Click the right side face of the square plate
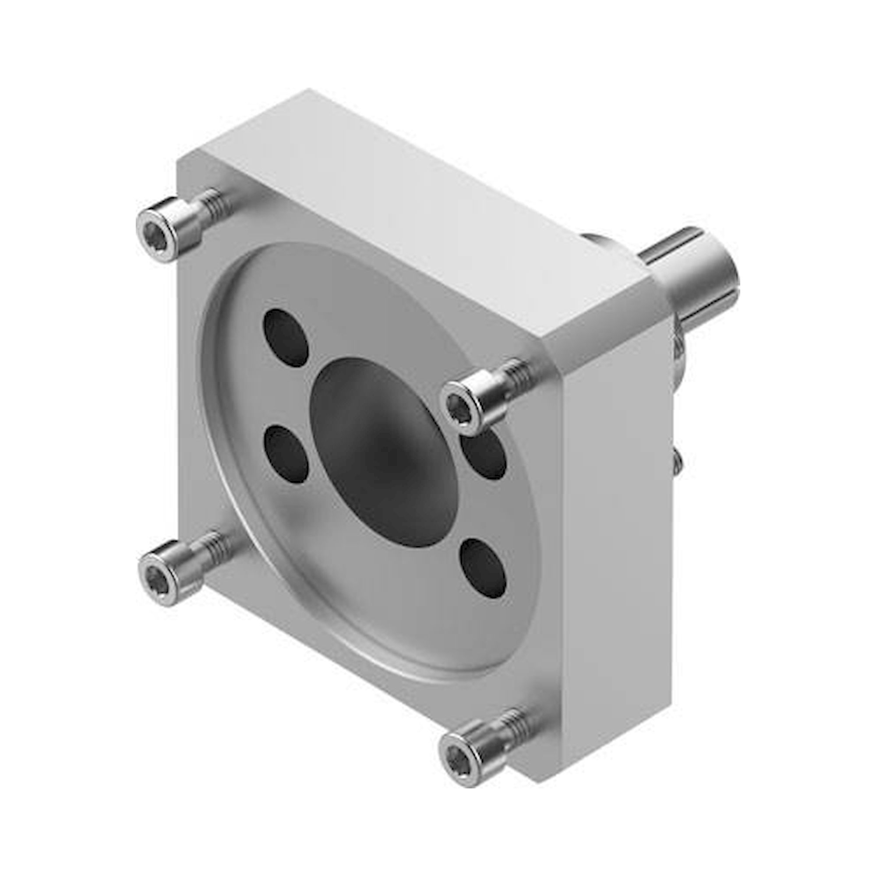[x=617, y=521]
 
